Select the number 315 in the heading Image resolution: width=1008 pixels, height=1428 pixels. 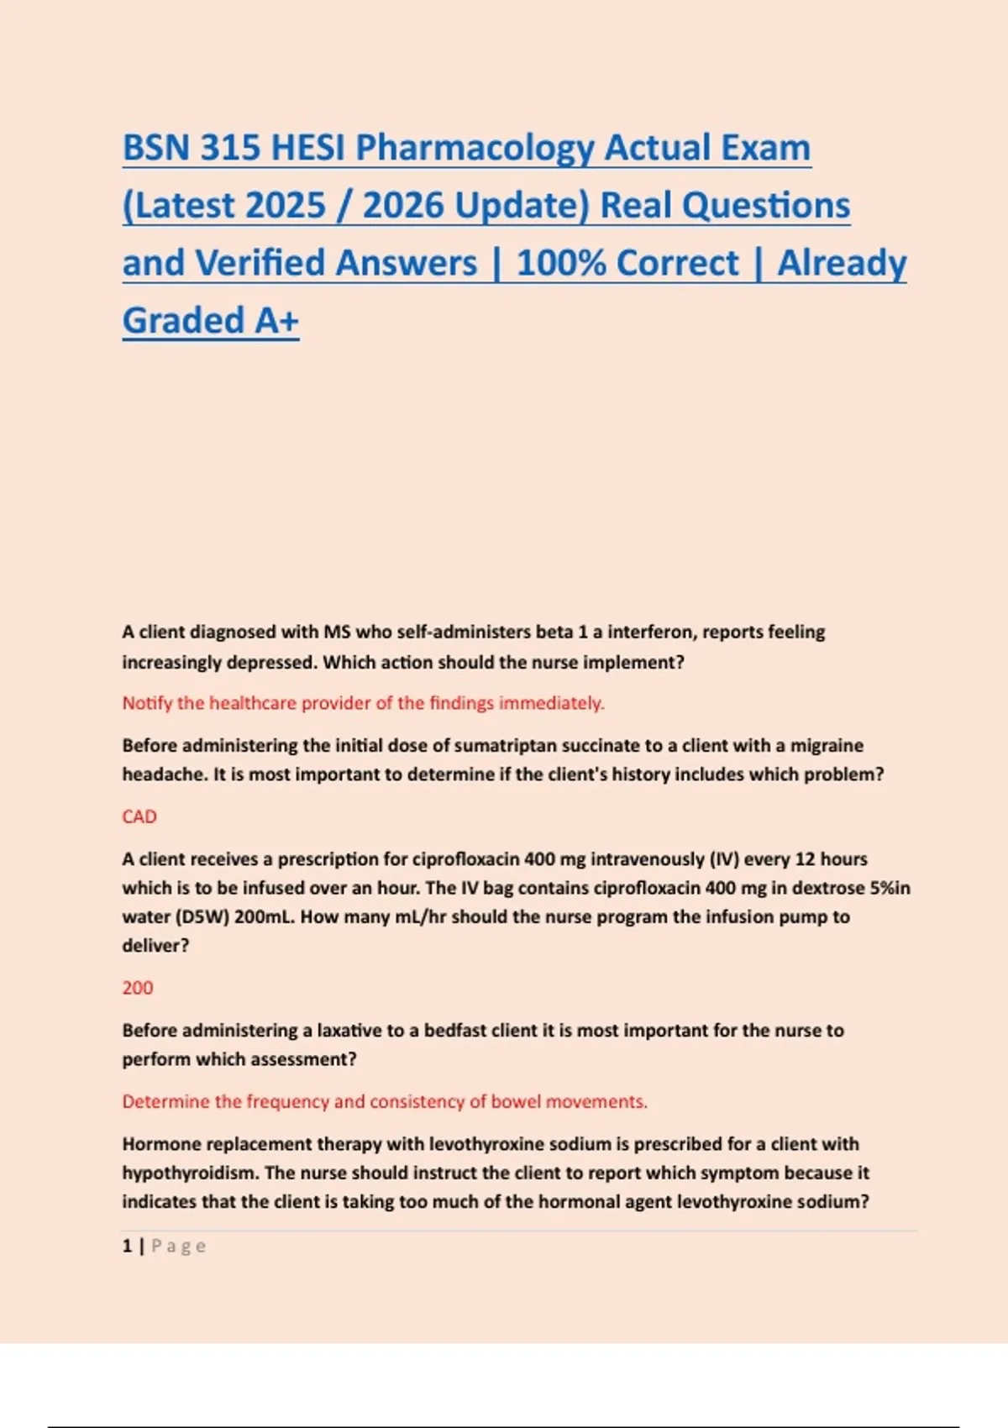click(230, 148)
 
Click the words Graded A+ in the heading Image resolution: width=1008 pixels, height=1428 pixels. click(210, 321)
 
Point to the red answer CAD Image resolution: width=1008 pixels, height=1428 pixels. click(139, 816)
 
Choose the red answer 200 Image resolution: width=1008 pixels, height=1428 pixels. click(138, 988)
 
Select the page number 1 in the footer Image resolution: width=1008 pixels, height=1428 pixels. click(127, 1246)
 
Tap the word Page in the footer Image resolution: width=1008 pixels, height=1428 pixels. click(178, 1246)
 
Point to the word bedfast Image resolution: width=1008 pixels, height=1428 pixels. click(461, 1031)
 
